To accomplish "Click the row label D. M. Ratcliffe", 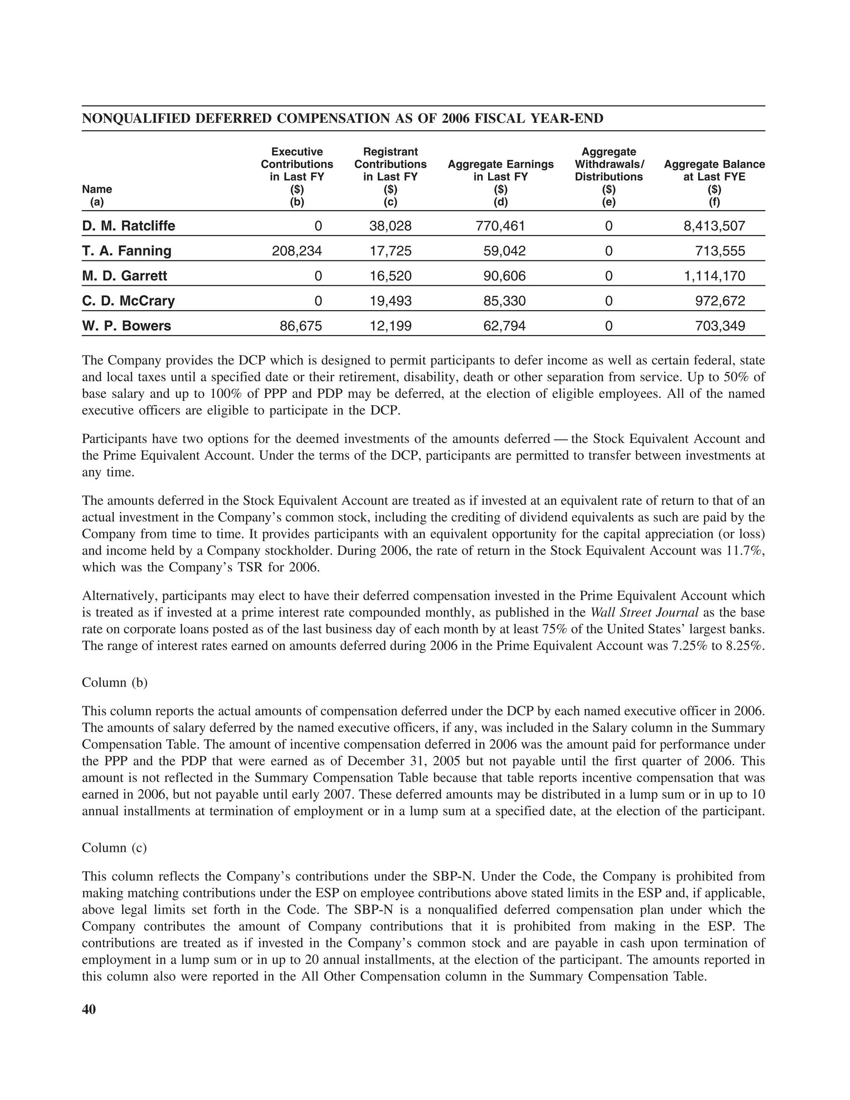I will [x=128, y=226].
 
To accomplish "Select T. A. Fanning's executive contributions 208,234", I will [x=297, y=251].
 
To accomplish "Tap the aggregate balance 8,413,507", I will [x=714, y=226].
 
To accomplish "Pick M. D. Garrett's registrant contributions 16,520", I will [x=390, y=276].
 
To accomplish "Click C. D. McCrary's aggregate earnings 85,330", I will [x=501, y=301].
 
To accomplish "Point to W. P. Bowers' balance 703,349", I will [x=720, y=326].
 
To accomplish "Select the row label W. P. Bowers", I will [x=127, y=326].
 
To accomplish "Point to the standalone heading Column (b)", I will [x=114, y=682].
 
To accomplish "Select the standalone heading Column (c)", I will [x=114, y=848].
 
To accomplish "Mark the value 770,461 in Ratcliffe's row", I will [x=500, y=226].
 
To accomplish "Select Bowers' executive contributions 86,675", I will [x=300, y=326].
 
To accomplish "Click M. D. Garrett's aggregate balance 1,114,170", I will [x=714, y=276].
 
